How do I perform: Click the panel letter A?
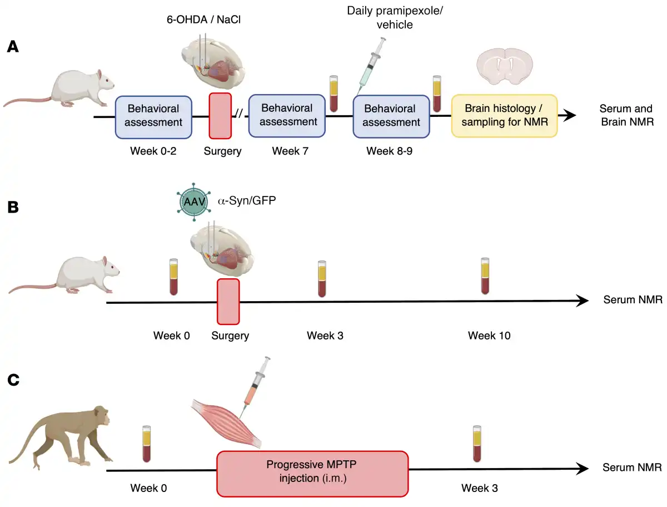[x=13, y=47]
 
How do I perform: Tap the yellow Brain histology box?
[x=504, y=116]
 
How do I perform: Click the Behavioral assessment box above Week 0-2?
[x=153, y=116]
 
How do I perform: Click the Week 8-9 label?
[x=390, y=151]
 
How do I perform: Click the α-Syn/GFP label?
[x=247, y=200]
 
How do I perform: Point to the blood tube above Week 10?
[x=485, y=276]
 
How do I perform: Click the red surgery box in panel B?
[x=228, y=301]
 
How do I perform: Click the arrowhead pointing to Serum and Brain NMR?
[x=568, y=116]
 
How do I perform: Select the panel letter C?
[x=13, y=380]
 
